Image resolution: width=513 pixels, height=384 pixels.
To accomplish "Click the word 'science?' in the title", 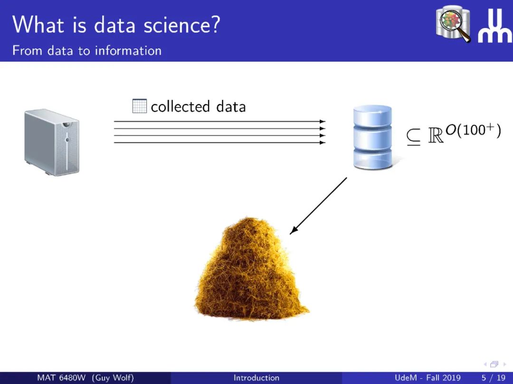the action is tap(182, 25).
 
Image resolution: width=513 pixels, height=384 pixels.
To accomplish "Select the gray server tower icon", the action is tap(52, 142).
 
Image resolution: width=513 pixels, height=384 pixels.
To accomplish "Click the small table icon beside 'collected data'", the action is tap(139, 106).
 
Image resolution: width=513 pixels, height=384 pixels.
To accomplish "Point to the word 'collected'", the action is tap(180, 107).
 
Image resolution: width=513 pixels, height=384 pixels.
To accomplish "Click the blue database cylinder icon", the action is tap(373, 137).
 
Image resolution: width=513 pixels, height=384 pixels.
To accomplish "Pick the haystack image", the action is tap(251, 268).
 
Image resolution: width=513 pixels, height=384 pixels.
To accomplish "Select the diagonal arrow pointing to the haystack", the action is tap(318, 206).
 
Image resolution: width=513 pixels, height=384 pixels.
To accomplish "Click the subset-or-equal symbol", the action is tap(414, 137).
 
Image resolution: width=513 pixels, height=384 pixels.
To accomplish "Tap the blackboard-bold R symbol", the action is tap(436, 135).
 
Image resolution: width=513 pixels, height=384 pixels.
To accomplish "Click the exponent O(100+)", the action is tap(473, 130).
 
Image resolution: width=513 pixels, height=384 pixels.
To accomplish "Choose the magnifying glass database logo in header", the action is tap(453, 24).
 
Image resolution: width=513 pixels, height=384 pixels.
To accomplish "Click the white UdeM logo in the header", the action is tap(495, 26).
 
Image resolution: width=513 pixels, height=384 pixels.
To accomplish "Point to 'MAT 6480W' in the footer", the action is tap(61, 378).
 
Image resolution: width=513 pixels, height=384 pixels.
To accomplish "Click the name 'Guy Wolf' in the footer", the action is tap(113, 378).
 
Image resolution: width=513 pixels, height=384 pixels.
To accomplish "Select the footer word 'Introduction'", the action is tap(256, 378).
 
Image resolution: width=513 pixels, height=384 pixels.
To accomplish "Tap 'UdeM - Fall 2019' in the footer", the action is tap(427, 378).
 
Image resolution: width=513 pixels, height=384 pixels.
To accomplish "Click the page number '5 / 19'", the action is tap(494, 378).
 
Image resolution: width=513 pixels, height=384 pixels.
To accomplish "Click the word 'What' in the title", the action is tap(38, 25).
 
